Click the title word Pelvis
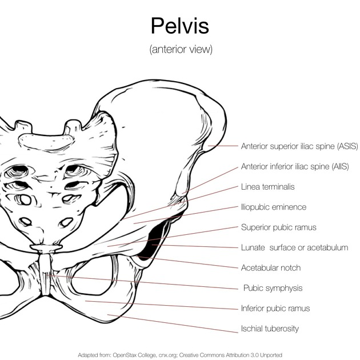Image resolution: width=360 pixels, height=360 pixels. pos(180,25)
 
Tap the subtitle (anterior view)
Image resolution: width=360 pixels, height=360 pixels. pos(181,49)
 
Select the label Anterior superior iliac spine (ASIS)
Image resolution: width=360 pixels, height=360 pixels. pos(299,146)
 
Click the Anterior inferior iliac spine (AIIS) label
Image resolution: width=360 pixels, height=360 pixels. pos(295,166)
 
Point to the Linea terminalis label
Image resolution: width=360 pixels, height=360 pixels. pos(267,187)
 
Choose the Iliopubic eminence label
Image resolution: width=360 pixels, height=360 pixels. pos(274,207)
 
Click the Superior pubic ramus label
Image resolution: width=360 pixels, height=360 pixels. pos(278,227)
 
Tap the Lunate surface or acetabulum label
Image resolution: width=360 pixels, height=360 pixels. pos(294,247)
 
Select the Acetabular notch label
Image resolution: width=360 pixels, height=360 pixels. pos(271,267)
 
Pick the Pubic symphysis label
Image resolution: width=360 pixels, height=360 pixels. pos(273,288)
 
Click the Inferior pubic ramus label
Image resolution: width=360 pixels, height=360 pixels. pos(275,309)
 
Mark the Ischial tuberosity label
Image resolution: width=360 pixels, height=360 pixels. pos(270,329)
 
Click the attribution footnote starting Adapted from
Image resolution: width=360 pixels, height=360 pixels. pos(180,355)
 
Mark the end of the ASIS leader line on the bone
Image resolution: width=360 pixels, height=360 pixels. pos(208,146)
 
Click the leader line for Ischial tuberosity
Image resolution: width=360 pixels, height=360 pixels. pos(173,323)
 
